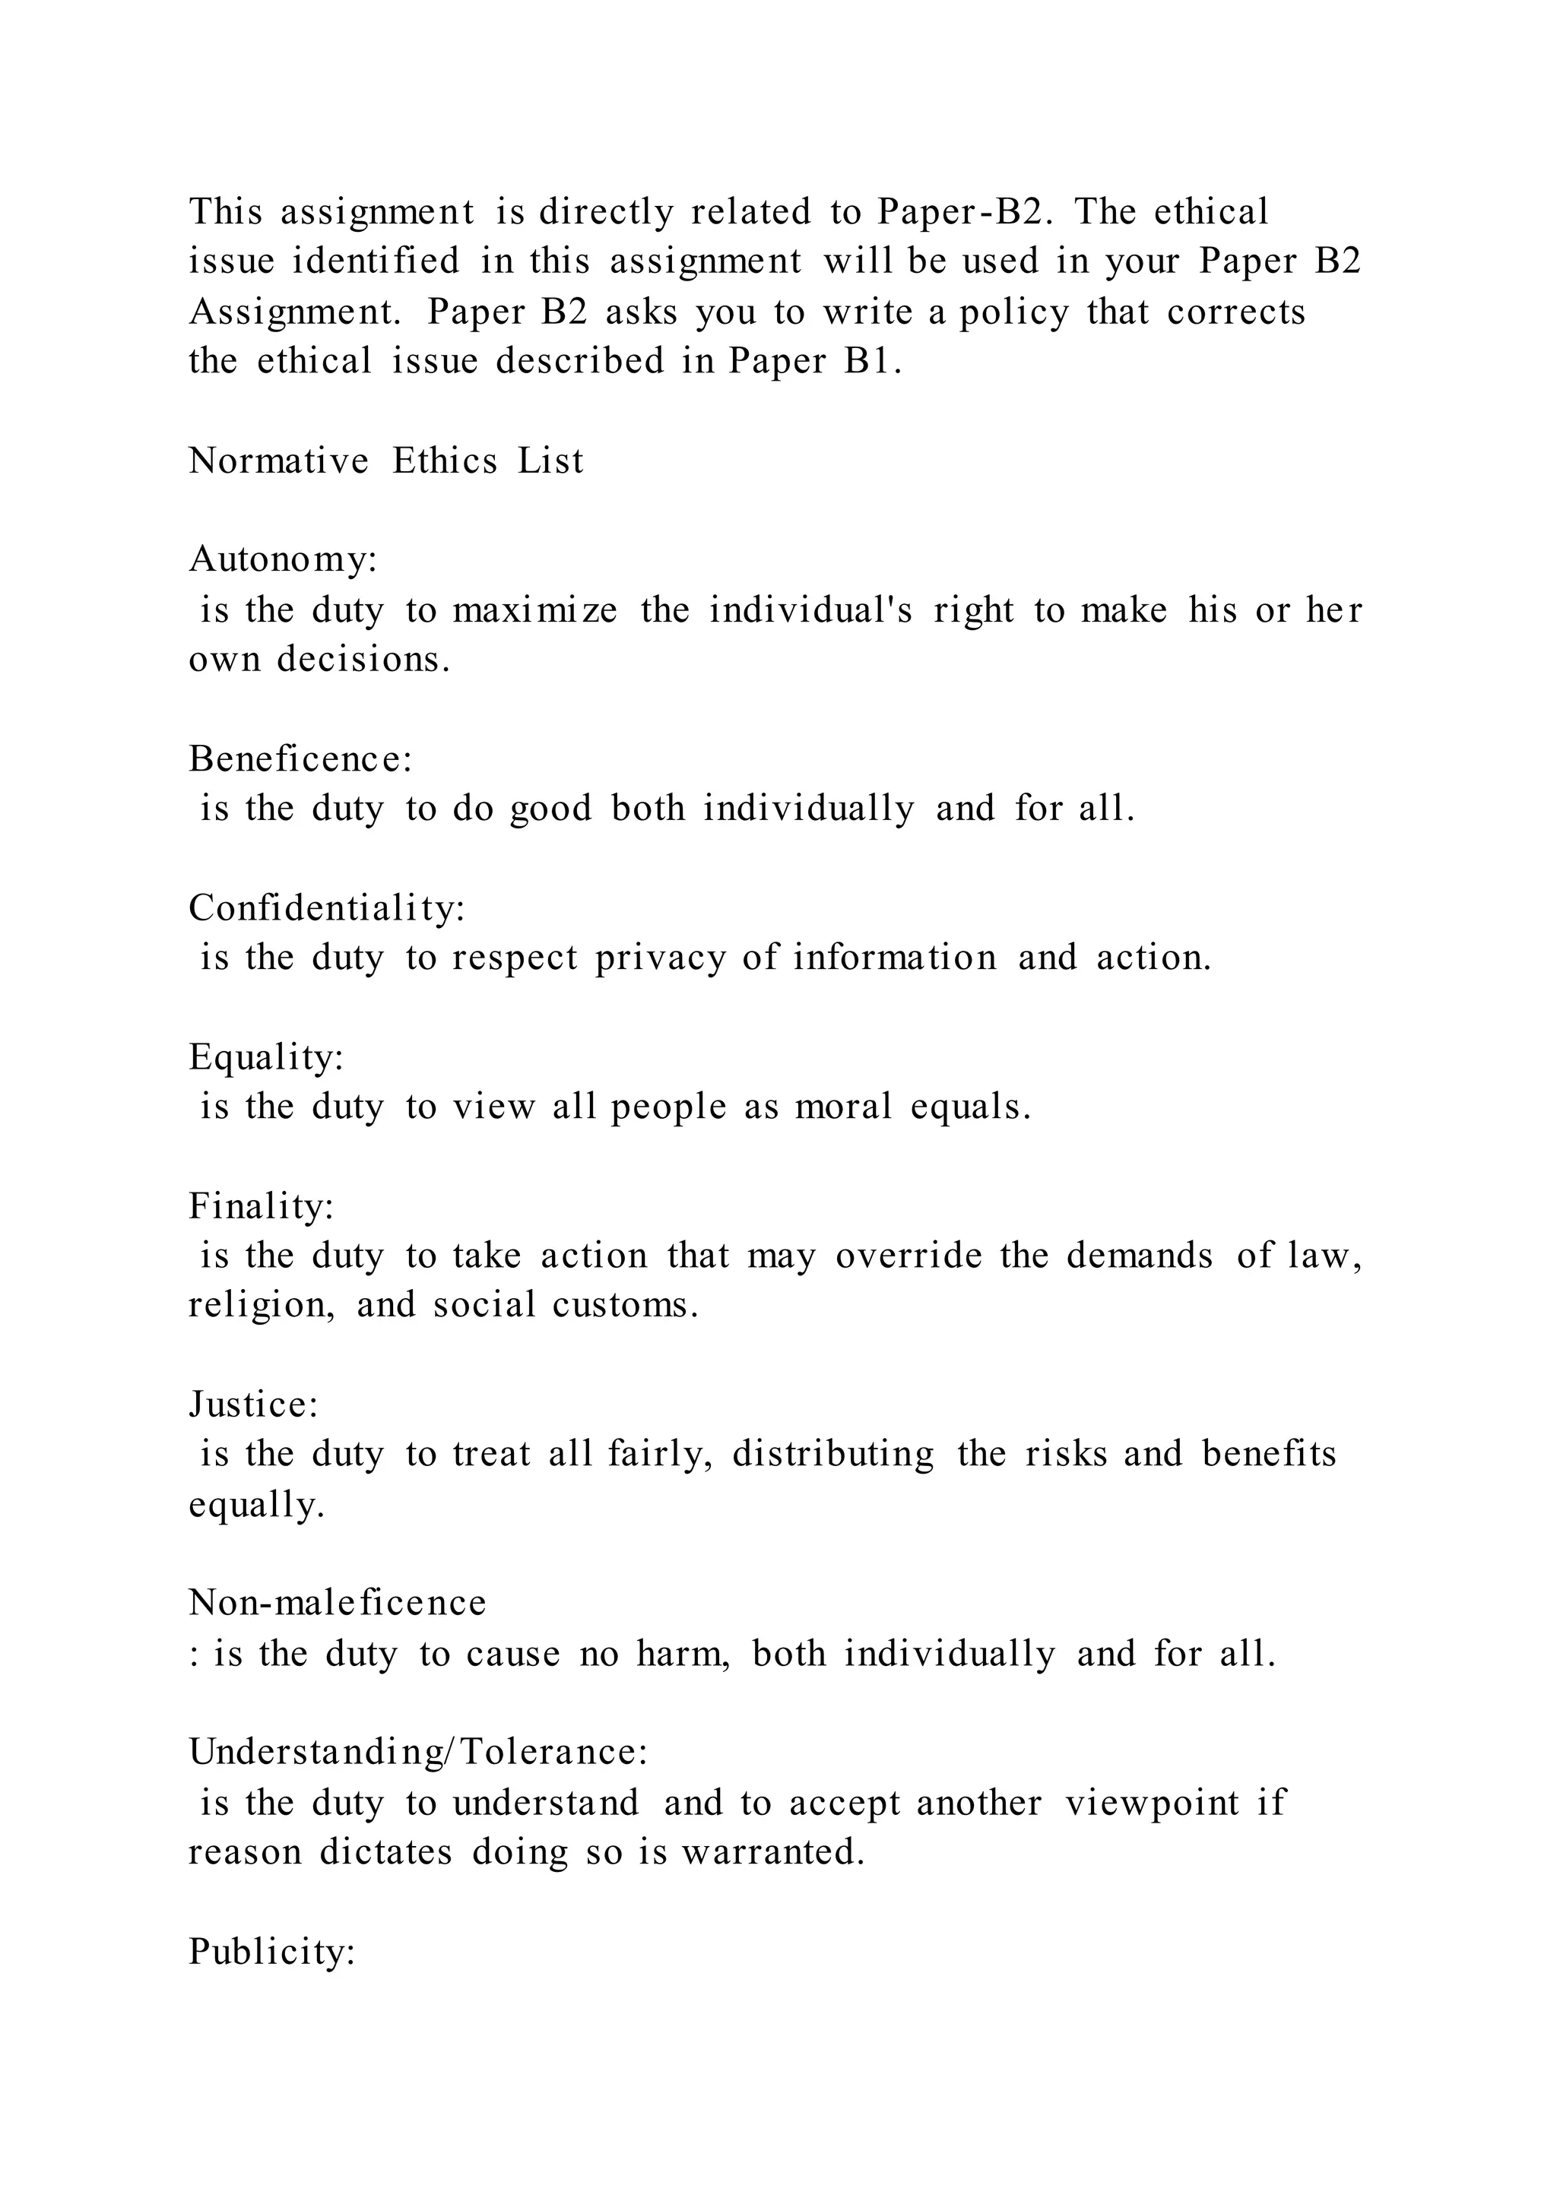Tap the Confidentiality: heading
tap(327, 907)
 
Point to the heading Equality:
tap(265, 1057)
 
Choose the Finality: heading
tap(261, 1206)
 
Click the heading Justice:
tap(253, 1405)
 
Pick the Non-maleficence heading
tap(338, 1603)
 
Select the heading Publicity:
tap(272, 1951)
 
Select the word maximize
tap(535, 610)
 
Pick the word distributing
tap(833, 1454)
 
